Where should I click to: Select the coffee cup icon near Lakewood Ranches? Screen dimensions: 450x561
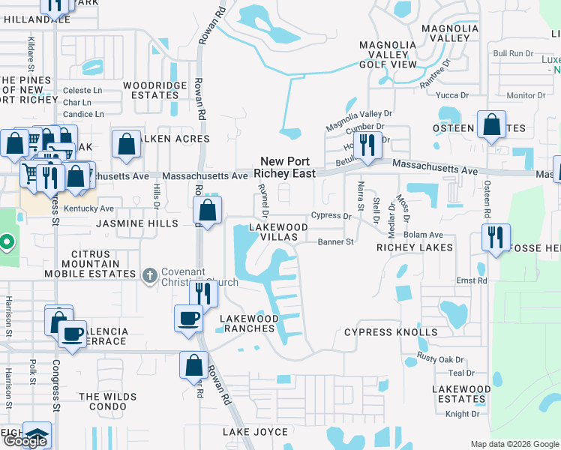pos(187,317)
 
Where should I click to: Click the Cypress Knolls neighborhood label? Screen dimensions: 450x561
pos(391,332)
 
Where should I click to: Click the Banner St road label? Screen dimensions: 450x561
pos(335,242)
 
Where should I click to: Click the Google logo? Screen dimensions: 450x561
pos(25,441)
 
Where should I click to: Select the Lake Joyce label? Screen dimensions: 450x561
pos(255,432)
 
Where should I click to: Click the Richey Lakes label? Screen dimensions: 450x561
pos(415,247)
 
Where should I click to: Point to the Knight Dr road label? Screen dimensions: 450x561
pos(462,413)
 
